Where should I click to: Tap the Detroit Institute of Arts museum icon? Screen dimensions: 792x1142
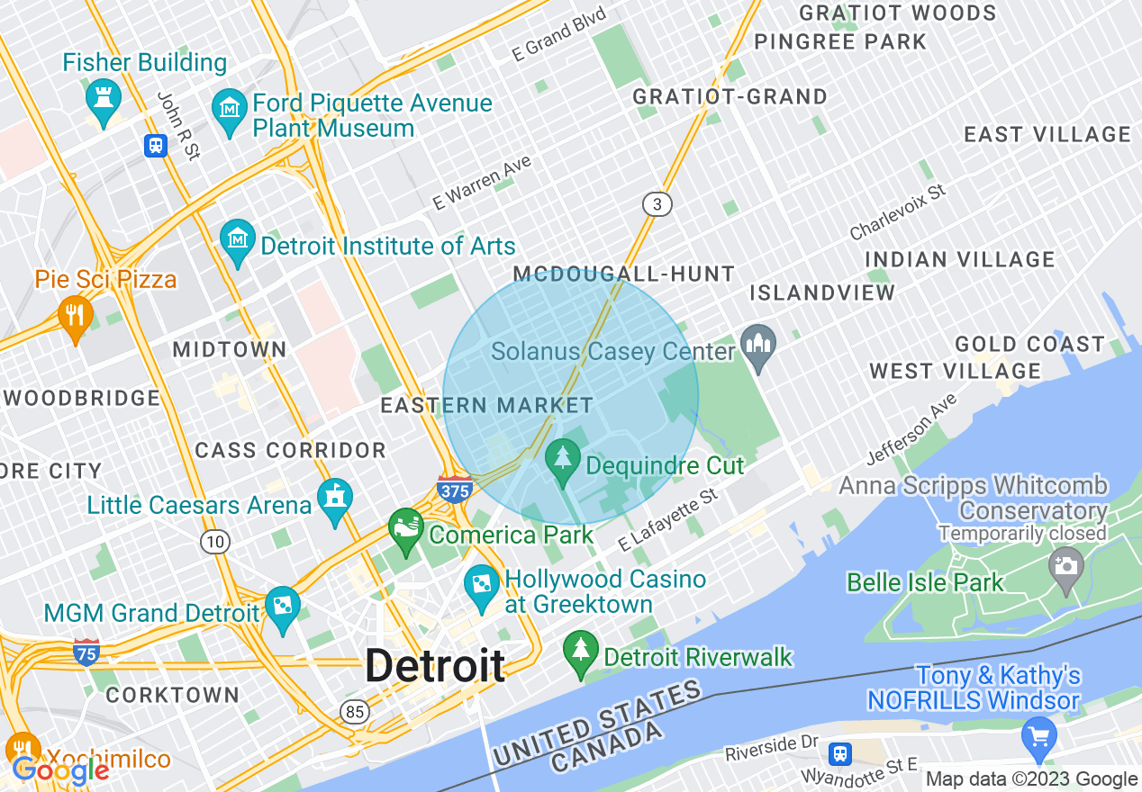tap(238, 241)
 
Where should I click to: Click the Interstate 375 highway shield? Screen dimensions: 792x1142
tap(455, 489)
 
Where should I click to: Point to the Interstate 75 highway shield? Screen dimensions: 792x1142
tap(86, 652)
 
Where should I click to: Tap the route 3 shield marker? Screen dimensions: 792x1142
tap(657, 204)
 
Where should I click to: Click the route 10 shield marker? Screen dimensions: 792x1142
tap(214, 541)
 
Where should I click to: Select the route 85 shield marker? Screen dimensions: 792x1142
tap(355, 712)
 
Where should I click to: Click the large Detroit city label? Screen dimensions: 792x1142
tap(435, 666)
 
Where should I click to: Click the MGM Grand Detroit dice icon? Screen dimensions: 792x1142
tap(282, 608)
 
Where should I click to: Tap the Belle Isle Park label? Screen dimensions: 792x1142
tap(925, 582)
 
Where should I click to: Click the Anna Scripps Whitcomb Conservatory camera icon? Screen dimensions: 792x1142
tap(1065, 570)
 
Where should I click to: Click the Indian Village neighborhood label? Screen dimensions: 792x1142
tap(960, 259)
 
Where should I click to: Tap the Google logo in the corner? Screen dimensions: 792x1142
tap(60, 770)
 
